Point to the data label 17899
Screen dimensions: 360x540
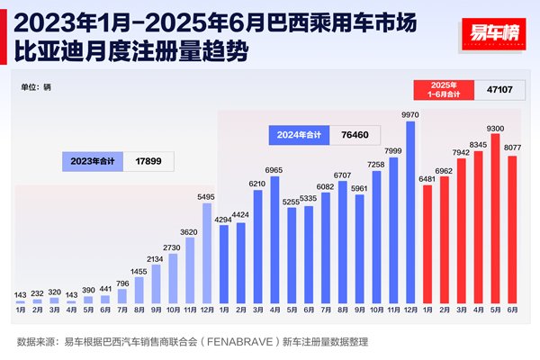(x=143, y=161)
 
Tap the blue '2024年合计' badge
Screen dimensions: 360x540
(x=298, y=136)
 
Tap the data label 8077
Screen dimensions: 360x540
(x=513, y=148)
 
